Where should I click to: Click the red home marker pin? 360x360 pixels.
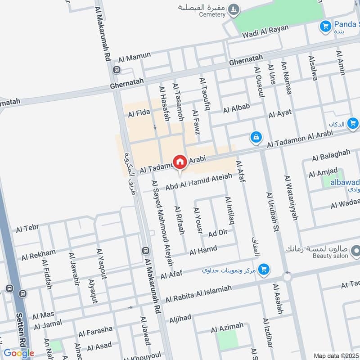pyautogui.click(x=180, y=162)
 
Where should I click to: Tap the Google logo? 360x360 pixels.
pyautogui.click(x=19, y=353)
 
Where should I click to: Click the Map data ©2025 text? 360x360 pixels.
pyautogui.click(x=335, y=355)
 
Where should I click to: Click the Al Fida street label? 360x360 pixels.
pyautogui.click(x=139, y=114)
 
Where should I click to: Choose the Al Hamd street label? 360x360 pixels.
pyautogui.click(x=203, y=250)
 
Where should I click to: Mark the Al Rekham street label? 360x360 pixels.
pyautogui.click(x=39, y=255)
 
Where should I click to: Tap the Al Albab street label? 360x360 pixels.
pyautogui.click(x=236, y=108)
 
